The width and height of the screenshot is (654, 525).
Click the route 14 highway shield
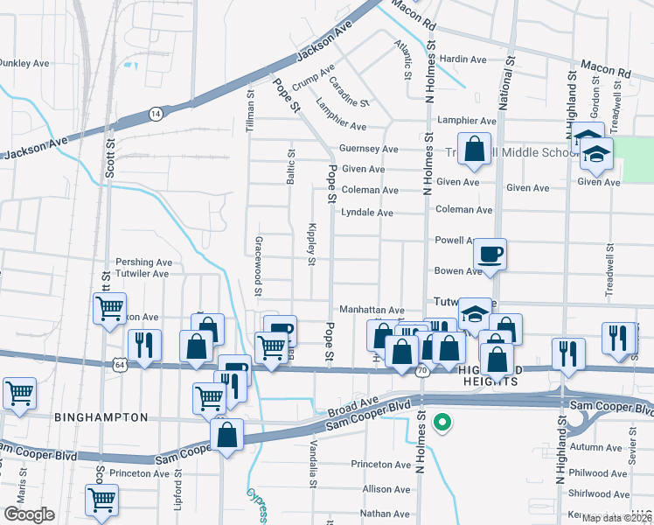tap(155, 114)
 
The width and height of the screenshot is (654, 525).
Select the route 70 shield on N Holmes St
tap(421, 372)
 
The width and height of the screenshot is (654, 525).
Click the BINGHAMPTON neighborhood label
tap(101, 417)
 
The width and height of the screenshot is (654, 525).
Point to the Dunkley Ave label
tap(24, 63)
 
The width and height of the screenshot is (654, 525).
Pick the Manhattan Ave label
tap(372, 310)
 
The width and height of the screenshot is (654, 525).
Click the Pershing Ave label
tap(144, 262)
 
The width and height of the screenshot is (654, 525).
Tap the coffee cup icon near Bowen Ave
tap(490, 253)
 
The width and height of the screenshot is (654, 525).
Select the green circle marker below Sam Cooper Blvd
tap(443, 423)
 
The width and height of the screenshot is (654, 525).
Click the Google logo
tap(29, 514)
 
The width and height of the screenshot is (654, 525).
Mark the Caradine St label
tap(349, 92)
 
